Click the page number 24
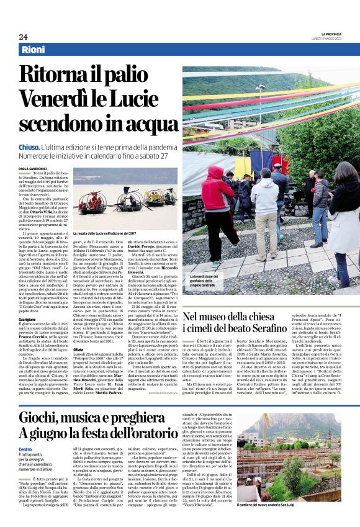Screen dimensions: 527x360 click(23, 37)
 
